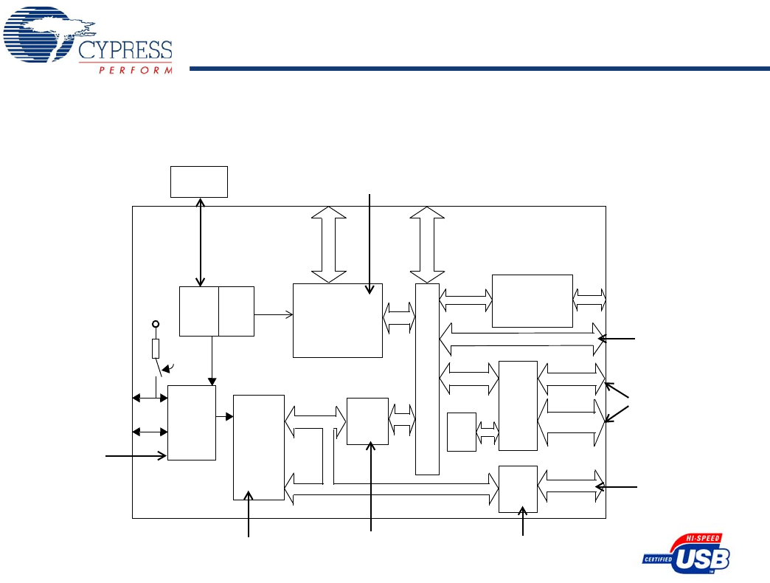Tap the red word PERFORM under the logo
[x=136, y=71]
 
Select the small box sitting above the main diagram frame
[x=199, y=182]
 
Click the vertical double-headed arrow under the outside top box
[x=200, y=241]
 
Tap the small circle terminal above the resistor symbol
[x=156, y=324]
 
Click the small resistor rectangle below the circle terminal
[x=156, y=348]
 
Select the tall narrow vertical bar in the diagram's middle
[x=427, y=379]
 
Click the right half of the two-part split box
[x=236, y=311]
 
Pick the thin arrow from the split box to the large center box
[x=273, y=314]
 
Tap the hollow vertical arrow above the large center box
[x=328, y=244]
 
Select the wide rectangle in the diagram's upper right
[x=532, y=300]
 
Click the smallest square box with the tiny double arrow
[x=461, y=432]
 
